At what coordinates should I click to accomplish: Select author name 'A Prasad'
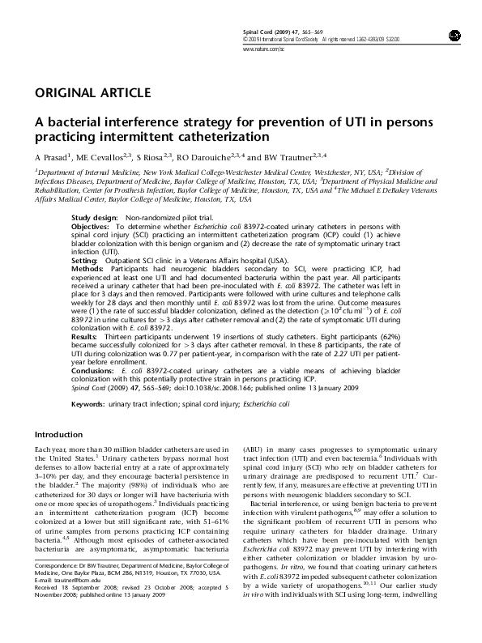[x=50, y=157]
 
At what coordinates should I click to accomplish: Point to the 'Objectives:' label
[x=92, y=228]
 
